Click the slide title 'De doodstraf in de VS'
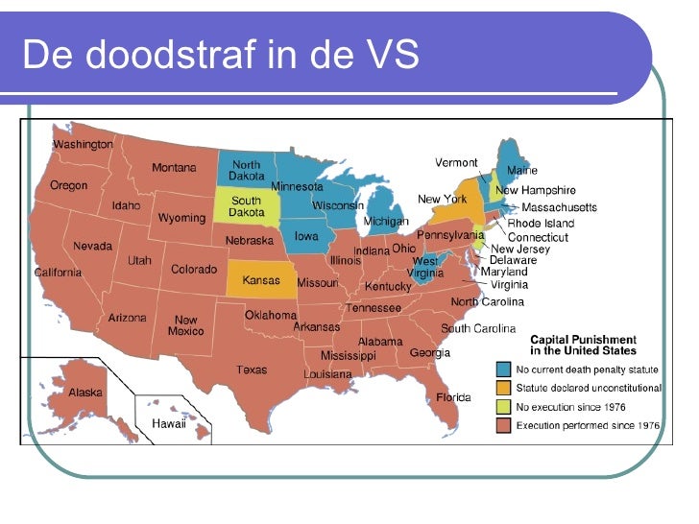click(x=221, y=56)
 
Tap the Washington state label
click(x=83, y=144)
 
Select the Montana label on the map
click(x=174, y=168)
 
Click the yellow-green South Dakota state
click(x=246, y=205)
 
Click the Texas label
click(x=252, y=369)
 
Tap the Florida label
click(x=453, y=396)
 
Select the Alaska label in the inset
click(x=84, y=393)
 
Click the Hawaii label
click(x=168, y=423)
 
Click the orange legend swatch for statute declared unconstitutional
click(x=503, y=388)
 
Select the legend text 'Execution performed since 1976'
click(x=588, y=425)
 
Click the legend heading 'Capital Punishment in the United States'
click(x=583, y=345)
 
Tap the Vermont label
click(x=456, y=162)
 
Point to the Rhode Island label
click(x=541, y=223)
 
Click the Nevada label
click(x=93, y=246)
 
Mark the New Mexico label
click(x=186, y=325)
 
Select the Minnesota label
click(x=297, y=186)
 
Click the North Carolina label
click(x=488, y=301)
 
